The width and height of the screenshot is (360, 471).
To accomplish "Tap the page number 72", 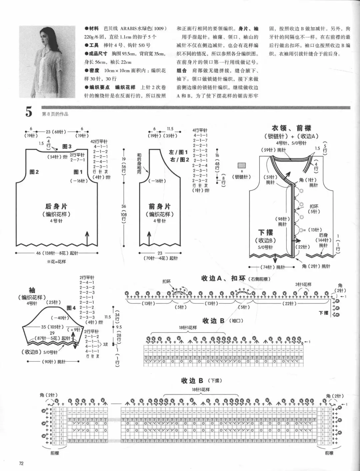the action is click(21, 463).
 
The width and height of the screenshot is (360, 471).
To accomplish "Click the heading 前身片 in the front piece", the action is click(159, 207).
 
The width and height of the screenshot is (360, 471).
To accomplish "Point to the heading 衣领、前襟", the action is click(291, 128).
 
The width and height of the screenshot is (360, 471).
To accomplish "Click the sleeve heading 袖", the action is click(32, 290).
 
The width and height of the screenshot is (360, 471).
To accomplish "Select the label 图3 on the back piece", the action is click(67, 147).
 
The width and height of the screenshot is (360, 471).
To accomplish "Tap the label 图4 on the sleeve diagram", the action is click(71, 308).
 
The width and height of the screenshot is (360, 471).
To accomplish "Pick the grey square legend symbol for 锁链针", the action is click(242, 166).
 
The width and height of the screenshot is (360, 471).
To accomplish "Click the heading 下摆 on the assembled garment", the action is click(266, 233).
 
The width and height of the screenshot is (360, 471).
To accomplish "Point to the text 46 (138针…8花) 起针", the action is click(57, 253).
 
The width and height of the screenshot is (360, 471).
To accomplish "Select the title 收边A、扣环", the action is click(223, 278).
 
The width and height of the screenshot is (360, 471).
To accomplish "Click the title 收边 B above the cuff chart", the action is click(214, 321).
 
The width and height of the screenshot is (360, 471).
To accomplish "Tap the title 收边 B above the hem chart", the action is click(192, 381).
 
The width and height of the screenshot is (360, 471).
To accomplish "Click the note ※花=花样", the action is click(56, 262).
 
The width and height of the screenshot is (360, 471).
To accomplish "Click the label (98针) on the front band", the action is click(282, 219).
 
